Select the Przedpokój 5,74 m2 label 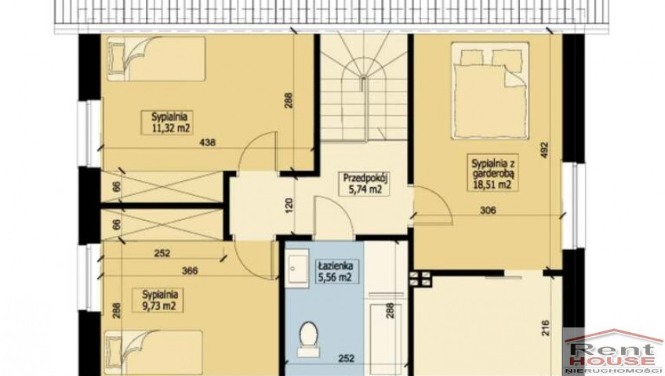362,184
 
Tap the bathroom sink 296,268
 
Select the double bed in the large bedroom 490,90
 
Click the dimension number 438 207,143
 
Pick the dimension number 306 488,210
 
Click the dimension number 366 189,271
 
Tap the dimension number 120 289,206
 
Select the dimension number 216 545,328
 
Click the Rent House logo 614,352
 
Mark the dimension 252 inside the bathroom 346,359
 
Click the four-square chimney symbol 420,279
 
